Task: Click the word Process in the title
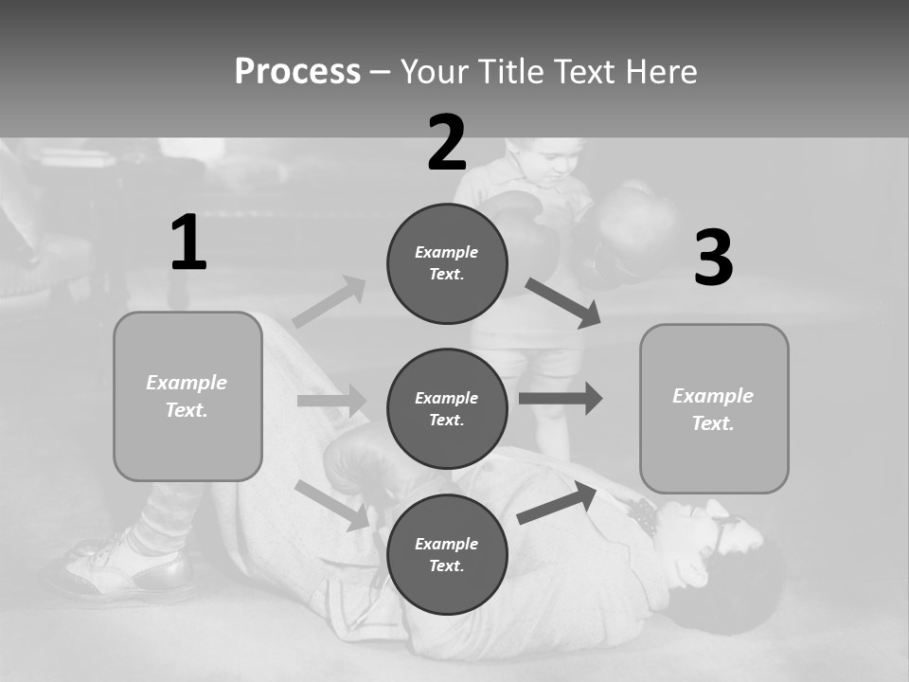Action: click(297, 72)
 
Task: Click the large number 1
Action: click(188, 243)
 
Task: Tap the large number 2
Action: click(447, 143)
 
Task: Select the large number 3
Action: click(713, 259)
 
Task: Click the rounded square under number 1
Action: click(187, 396)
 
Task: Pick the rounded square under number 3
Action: click(714, 408)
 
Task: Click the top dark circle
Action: click(447, 263)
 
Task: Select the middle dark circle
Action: click(447, 408)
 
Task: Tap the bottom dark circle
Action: click(447, 554)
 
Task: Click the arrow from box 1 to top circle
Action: click(329, 302)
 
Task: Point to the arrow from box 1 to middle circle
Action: click(331, 401)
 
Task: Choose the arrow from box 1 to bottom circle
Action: click(332, 504)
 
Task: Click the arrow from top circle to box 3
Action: click(562, 302)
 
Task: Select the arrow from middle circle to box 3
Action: click(560, 398)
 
